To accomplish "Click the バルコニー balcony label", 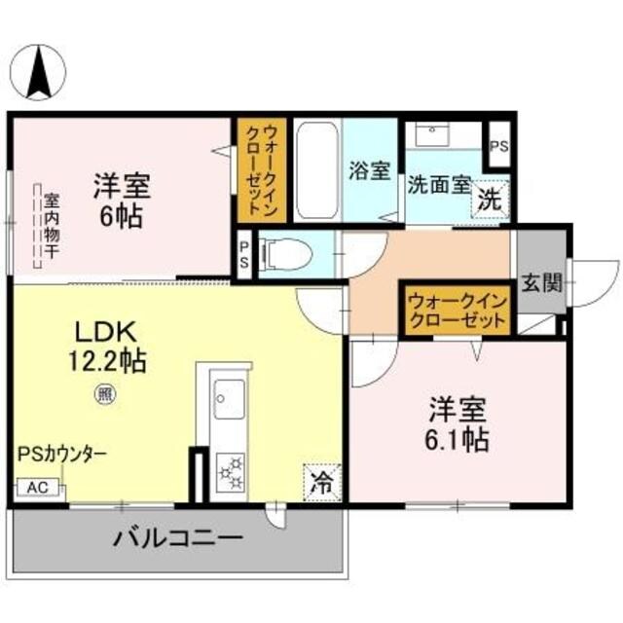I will (176, 537).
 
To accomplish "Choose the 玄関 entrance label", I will (541, 284).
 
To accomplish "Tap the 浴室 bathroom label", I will (370, 170).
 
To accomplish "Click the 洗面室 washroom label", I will (439, 183).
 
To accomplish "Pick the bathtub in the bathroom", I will (316, 171).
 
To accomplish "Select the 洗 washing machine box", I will (489, 202).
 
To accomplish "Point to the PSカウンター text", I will (61, 455).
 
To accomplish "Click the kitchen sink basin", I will (230, 398).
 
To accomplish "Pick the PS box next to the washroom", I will (499, 147).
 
